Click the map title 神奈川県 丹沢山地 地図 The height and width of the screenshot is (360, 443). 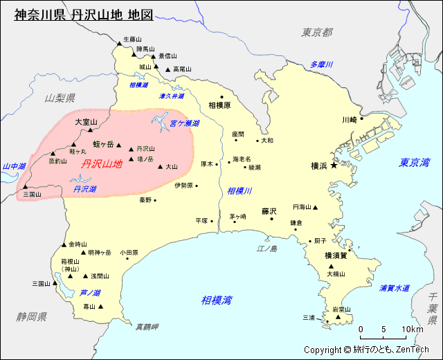point(83,14)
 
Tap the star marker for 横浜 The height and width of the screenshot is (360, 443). point(334,165)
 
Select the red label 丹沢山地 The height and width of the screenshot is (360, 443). point(102,164)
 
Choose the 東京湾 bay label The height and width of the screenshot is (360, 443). point(414,163)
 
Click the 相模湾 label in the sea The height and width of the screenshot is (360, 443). point(217,300)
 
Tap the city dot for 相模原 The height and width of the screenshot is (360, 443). point(221,97)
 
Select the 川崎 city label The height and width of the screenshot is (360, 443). point(349,119)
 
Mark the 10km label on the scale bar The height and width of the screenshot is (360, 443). point(412,329)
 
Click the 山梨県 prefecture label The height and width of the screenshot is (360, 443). point(60,98)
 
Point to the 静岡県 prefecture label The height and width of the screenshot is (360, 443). point(32,316)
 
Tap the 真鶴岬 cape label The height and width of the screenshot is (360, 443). point(147,326)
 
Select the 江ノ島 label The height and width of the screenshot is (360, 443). point(266,249)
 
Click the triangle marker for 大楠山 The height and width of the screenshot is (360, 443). point(331,266)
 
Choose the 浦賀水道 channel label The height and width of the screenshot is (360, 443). point(395,287)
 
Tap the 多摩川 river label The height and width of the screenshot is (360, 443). point(322,64)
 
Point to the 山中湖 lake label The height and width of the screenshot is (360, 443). point(14,166)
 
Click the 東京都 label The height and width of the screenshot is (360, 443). point(317,32)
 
